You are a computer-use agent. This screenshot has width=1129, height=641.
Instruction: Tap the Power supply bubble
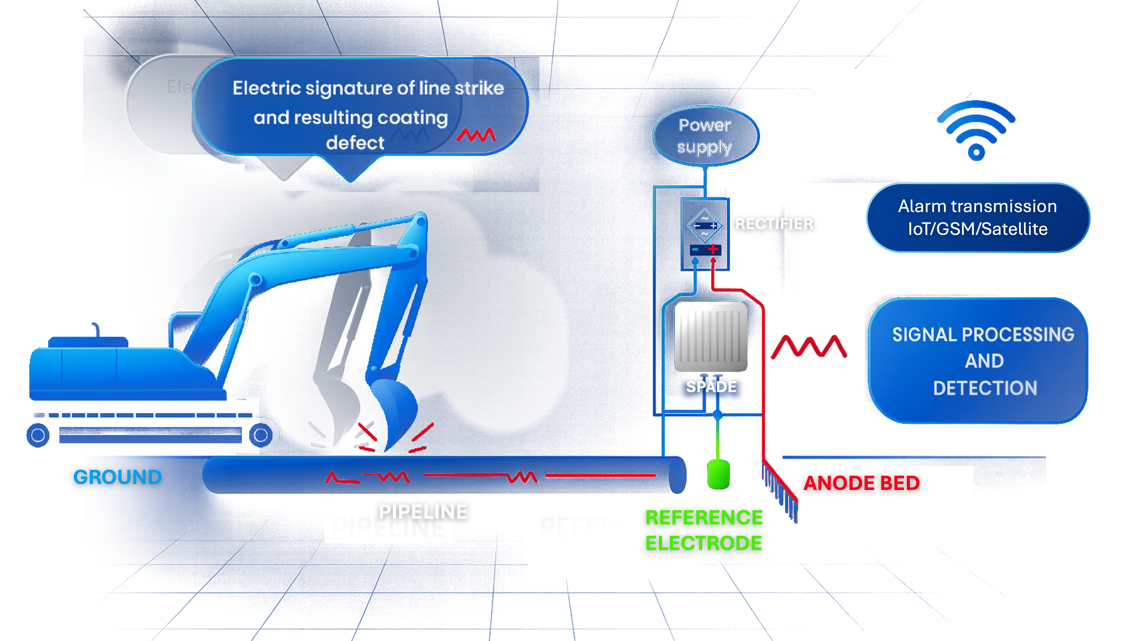click(705, 136)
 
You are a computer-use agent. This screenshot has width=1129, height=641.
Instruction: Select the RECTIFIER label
click(774, 224)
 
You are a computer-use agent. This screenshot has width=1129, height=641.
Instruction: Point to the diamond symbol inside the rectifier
click(705, 225)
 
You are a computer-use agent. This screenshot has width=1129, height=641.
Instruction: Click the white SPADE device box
click(711, 337)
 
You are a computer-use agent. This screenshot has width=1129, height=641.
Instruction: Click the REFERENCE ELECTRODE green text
click(704, 530)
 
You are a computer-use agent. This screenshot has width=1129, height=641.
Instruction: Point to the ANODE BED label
click(861, 483)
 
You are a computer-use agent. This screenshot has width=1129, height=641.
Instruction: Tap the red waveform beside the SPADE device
click(809, 347)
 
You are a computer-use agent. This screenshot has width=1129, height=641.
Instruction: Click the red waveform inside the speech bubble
click(476, 135)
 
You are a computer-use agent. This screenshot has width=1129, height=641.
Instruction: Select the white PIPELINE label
click(423, 512)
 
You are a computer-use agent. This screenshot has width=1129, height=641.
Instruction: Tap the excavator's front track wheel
click(260, 435)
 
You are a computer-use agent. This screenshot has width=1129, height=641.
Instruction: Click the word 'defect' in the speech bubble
click(355, 143)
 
